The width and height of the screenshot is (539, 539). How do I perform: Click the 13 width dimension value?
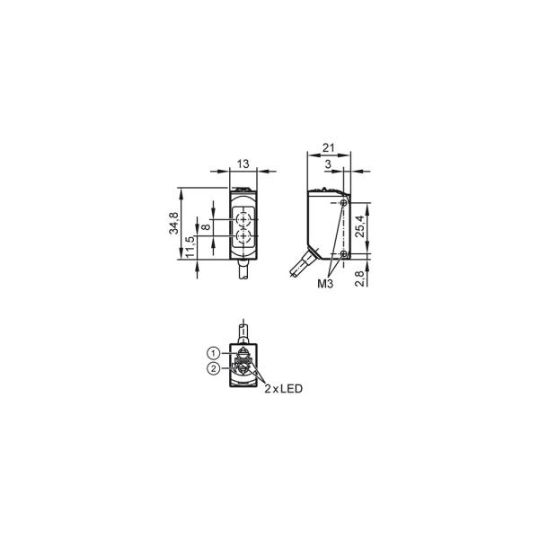pos(243,164)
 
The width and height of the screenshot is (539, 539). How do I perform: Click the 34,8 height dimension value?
pos(173,224)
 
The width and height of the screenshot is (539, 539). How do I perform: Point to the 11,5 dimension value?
pos(190,247)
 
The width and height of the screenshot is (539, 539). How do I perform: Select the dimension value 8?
pos(206,227)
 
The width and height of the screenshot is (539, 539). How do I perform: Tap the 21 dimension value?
pos(329,148)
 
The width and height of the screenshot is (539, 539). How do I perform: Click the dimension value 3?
pos(328,164)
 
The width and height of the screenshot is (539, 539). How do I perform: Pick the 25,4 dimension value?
pos(359,226)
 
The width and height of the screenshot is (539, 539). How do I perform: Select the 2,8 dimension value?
pos(359,278)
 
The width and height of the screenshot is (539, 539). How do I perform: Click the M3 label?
pos(325,284)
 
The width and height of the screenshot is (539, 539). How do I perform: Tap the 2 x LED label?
pos(283,389)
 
